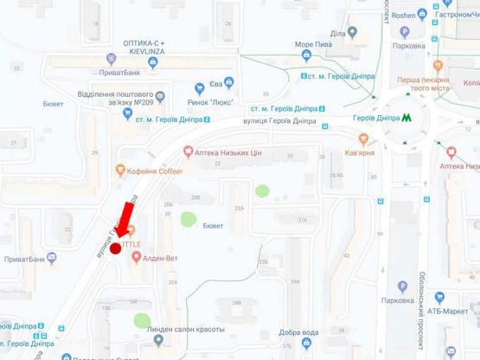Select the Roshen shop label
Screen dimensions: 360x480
click(x=403, y=15)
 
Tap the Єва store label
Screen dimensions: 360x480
click(x=217, y=84)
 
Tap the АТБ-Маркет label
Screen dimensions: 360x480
click(x=450, y=311)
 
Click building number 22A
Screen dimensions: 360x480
click(x=239, y=208)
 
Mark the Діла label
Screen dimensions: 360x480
click(x=337, y=32)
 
